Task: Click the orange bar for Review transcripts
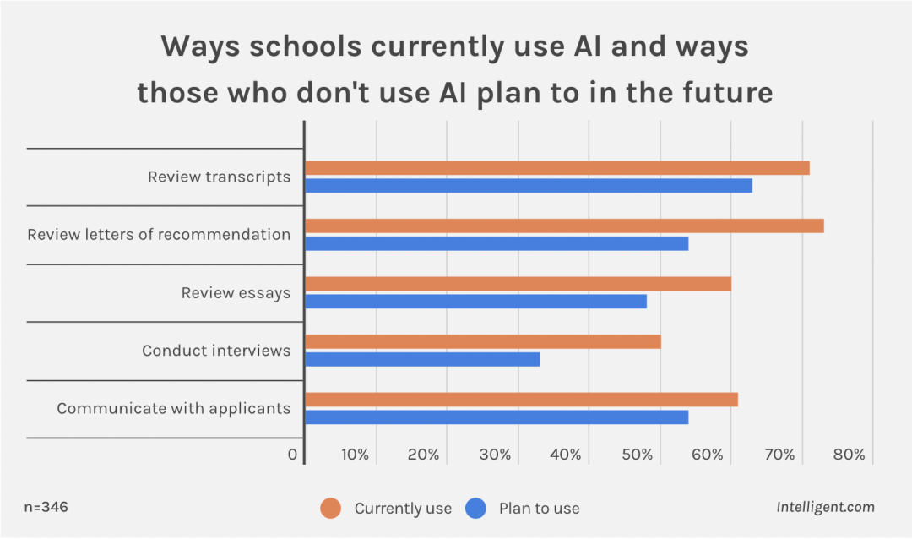pyautogui.click(x=556, y=168)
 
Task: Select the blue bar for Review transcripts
pyautogui.click(x=528, y=186)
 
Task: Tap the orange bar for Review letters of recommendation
pyautogui.click(x=563, y=226)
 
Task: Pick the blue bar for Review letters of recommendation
pyautogui.click(x=496, y=243)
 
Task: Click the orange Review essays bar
pyautogui.click(x=517, y=284)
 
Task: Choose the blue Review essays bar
pyautogui.click(x=475, y=302)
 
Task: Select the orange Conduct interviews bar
pyautogui.click(x=482, y=341)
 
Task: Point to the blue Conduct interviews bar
pyautogui.click(x=421, y=359)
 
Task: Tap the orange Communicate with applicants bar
pyautogui.click(x=520, y=400)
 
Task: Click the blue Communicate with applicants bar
pyautogui.click(x=496, y=417)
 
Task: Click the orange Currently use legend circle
pyautogui.click(x=330, y=508)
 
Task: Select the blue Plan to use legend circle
pyautogui.click(x=476, y=508)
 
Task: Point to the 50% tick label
pyautogui.click(x=638, y=455)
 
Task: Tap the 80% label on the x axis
pyautogui.click(x=849, y=455)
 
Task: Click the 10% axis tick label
pyautogui.click(x=355, y=455)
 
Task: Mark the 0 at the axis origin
pyautogui.click(x=292, y=455)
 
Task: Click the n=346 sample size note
pyautogui.click(x=46, y=507)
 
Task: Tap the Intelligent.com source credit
pyautogui.click(x=825, y=507)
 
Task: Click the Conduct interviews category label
pyautogui.click(x=216, y=351)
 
